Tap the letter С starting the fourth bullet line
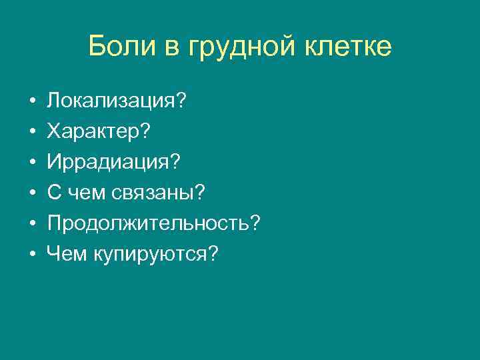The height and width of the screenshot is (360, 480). [x=53, y=193]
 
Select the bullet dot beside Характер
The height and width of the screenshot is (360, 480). [x=31, y=132]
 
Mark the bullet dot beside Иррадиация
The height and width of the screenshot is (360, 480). [x=31, y=163]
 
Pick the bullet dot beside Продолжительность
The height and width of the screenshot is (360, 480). [x=31, y=224]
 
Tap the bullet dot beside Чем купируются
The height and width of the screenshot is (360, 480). [x=31, y=255]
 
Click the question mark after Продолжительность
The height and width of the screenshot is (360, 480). [x=253, y=223]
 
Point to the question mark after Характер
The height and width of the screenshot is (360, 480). [x=144, y=132]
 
